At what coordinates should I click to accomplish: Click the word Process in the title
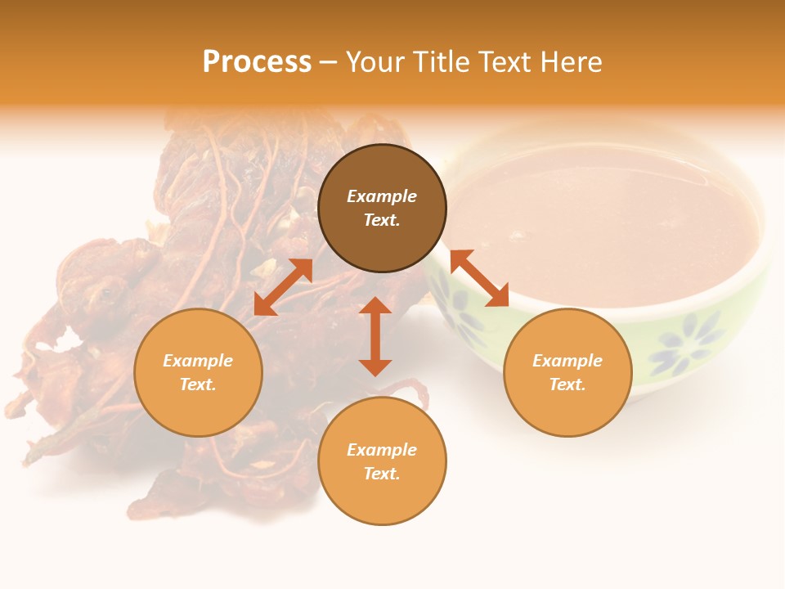coord(257,62)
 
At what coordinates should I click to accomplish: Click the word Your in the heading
coord(377,62)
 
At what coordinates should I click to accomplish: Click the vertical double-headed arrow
coord(375,336)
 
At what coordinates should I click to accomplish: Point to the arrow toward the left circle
coord(283,287)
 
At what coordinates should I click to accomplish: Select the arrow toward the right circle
coord(479,278)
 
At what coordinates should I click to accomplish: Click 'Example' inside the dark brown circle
coord(382,196)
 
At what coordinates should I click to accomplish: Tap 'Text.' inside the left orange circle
coord(198,384)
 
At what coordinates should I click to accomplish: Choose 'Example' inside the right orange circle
coord(567,361)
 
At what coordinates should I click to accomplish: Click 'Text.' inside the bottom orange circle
coord(382,474)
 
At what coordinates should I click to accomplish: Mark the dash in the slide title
coord(329,62)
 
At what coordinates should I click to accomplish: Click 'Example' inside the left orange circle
coord(198,361)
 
